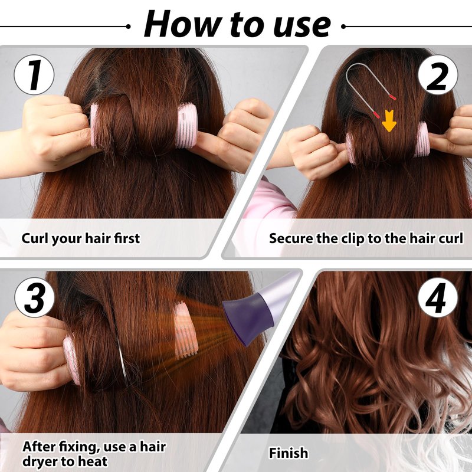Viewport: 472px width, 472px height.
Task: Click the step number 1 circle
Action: (34, 75)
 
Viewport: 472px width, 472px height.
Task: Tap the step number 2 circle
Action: (438, 75)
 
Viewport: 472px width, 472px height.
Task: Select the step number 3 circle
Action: (35, 297)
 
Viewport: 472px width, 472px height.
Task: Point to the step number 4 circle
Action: (438, 297)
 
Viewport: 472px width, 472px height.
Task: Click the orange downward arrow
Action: (389, 121)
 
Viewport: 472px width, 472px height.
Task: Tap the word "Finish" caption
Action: (289, 453)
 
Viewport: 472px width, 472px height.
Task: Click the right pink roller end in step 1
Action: (187, 125)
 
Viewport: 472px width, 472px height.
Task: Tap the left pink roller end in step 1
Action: (94, 126)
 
